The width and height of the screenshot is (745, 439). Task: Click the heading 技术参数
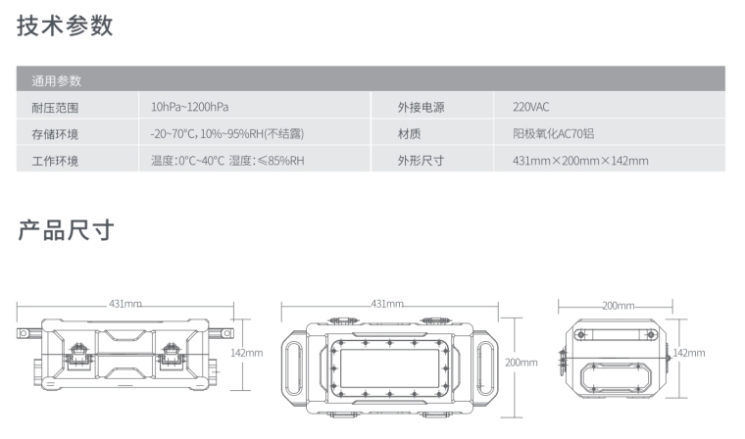(x=65, y=26)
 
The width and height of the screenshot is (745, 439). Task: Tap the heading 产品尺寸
(x=65, y=231)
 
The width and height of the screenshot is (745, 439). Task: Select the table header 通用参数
(x=57, y=80)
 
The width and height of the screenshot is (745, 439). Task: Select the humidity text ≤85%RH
(x=281, y=160)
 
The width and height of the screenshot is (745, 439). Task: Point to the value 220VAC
(x=532, y=107)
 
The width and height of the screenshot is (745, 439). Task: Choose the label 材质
(x=409, y=133)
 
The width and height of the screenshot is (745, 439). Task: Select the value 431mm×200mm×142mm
(x=580, y=160)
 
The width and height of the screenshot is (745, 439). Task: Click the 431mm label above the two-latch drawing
(x=125, y=305)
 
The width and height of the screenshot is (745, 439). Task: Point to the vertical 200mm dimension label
(x=521, y=362)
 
